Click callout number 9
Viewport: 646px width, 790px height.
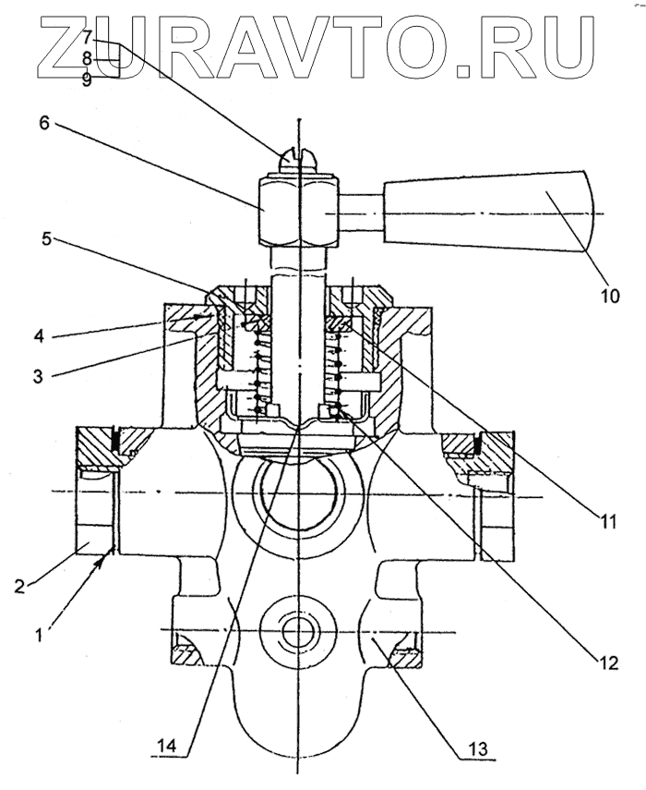click(87, 79)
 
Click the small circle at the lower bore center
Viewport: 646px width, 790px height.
click(298, 633)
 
